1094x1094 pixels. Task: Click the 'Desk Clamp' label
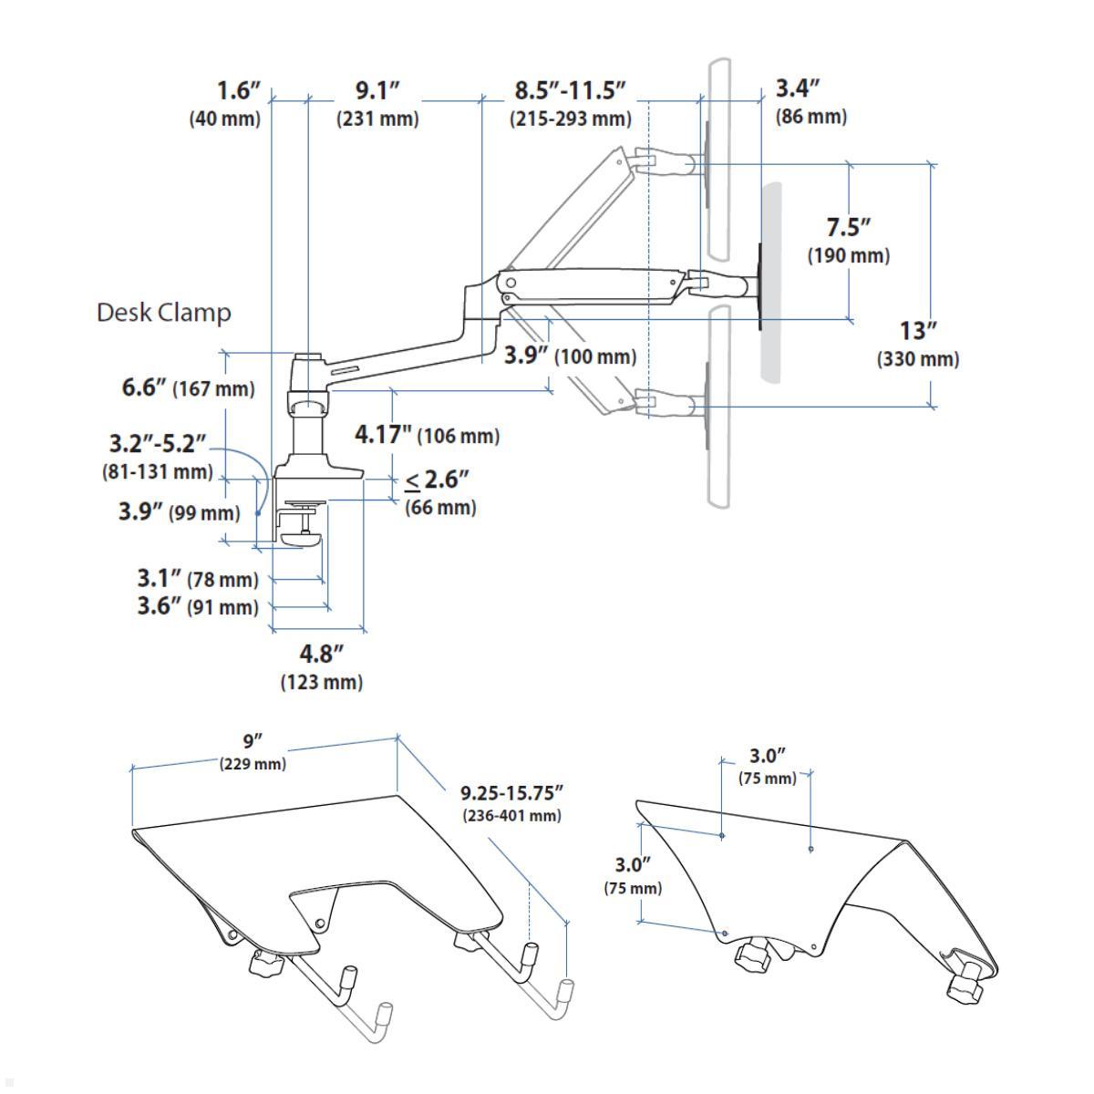coord(164,313)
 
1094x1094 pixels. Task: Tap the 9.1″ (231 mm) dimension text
coord(377,104)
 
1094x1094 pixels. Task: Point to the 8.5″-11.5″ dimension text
coord(571,104)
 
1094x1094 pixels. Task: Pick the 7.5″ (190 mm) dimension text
coord(848,241)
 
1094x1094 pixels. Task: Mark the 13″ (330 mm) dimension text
coord(918,344)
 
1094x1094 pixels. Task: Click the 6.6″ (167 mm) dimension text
coord(189,387)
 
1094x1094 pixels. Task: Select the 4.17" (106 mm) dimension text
coord(427,435)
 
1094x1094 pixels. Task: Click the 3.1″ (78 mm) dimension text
coord(198,578)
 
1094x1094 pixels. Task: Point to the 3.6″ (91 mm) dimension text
coord(198,606)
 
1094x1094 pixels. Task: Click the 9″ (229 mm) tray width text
coord(253,752)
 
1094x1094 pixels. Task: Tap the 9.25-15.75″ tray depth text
coord(511,802)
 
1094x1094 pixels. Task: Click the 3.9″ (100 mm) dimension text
coord(571,356)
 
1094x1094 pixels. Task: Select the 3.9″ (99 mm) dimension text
coord(179,511)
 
